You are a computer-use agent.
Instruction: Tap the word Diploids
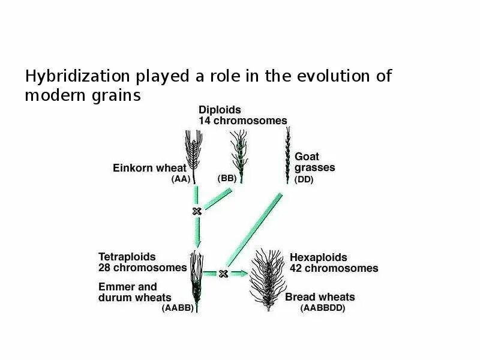(220, 110)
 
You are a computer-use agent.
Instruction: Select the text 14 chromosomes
(242, 121)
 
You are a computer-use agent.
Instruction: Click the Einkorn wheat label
(150, 168)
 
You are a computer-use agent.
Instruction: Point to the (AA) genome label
(181, 179)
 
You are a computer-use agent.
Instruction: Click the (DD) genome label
(304, 179)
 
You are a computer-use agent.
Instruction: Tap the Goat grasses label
(314, 162)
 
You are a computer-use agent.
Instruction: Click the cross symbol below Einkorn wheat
(196, 211)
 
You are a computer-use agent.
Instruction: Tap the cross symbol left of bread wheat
(223, 274)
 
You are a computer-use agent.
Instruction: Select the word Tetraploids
(127, 257)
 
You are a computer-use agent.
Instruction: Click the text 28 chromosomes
(142, 268)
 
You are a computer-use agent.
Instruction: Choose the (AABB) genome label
(178, 308)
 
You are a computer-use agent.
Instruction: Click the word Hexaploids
(318, 257)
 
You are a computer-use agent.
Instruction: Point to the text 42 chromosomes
(334, 268)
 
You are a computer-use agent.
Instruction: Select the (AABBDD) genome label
(323, 308)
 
